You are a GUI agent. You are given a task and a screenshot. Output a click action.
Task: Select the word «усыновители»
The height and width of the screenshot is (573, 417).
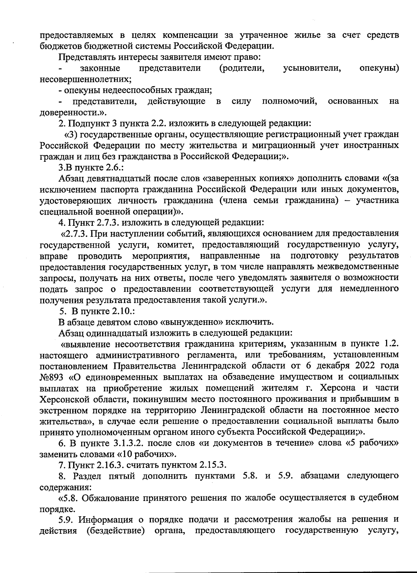coord(312,68)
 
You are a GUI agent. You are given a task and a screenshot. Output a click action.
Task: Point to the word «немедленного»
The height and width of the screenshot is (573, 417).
coord(369,289)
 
